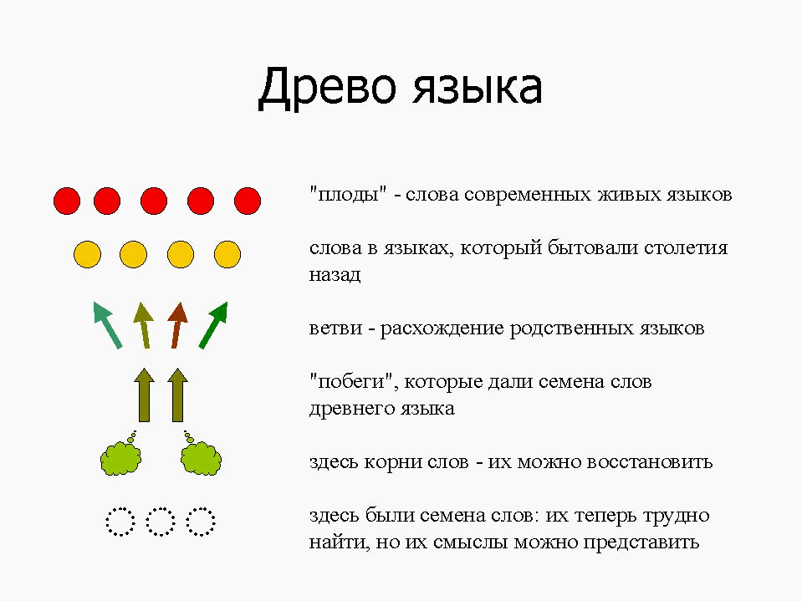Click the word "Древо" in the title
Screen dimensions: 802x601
point(327,88)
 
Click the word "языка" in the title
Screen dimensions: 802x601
point(478,88)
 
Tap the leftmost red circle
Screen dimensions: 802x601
point(67,201)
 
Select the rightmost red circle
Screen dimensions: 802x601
point(248,201)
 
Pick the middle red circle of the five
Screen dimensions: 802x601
point(154,201)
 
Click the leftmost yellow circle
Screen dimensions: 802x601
point(88,254)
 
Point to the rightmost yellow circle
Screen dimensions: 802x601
point(227,254)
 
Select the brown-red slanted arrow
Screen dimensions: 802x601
point(177,325)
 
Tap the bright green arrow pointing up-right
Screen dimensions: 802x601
point(213,325)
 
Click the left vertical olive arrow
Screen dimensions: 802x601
point(144,395)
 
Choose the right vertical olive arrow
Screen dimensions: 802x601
point(177,395)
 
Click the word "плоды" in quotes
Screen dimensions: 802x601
point(348,196)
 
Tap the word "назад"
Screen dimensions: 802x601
point(335,275)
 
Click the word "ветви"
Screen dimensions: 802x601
point(335,329)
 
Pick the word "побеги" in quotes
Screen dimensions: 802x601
point(354,382)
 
